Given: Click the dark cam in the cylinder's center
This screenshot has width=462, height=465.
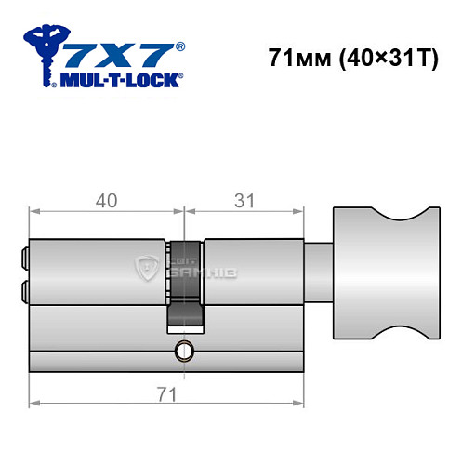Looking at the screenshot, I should [184, 284].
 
